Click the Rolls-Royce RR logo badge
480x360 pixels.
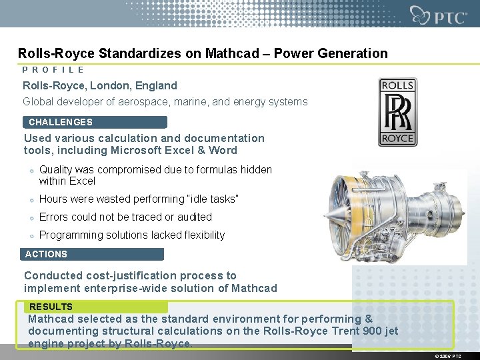397,111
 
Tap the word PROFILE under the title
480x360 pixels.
53,69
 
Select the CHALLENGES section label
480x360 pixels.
61,122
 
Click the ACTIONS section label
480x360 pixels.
46,254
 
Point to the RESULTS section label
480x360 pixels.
51,307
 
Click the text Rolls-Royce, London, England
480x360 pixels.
100,85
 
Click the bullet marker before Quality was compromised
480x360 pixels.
31,171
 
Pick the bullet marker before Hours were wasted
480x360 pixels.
31,199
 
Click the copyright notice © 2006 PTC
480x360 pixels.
447,356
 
